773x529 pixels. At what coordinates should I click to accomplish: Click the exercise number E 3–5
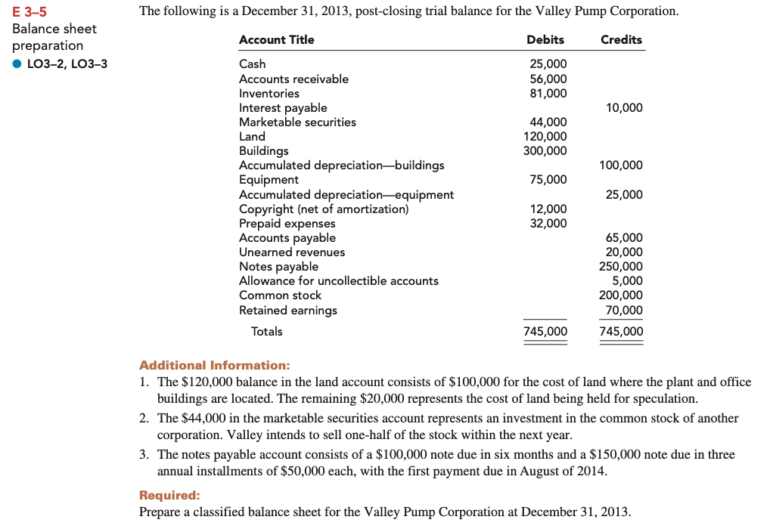click(x=30, y=11)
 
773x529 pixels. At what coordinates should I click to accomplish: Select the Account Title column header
click(x=276, y=39)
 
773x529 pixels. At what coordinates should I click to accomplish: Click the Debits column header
click(x=545, y=39)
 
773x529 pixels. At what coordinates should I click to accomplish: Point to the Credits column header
click(x=620, y=39)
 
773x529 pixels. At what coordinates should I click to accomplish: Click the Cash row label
click(x=252, y=64)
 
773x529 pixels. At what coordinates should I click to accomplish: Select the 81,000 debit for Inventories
click(x=548, y=93)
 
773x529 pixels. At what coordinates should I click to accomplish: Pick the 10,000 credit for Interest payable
click(x=624, y=108)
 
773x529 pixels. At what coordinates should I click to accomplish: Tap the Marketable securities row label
click(x=297, y=122)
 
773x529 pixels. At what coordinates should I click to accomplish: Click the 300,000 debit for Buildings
click(x=545, y=150)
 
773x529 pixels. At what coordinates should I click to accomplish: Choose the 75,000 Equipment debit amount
click(x=548, y=180)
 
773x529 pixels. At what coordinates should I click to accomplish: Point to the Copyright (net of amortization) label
click(x=324, y=209)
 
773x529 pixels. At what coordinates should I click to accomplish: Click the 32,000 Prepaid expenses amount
click(x=548, y=224)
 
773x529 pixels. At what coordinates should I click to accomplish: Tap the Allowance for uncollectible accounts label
click(x=338, y=281)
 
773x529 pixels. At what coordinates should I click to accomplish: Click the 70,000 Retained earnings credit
click(x=624, y=310)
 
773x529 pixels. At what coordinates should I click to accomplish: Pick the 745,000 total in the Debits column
click(x=545, y=332)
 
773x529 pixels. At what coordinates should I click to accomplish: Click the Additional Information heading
click(x=214, y=365)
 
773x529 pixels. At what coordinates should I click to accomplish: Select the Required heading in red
click(x=169, y=495)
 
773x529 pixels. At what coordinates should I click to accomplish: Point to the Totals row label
click(x=266, y=332)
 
